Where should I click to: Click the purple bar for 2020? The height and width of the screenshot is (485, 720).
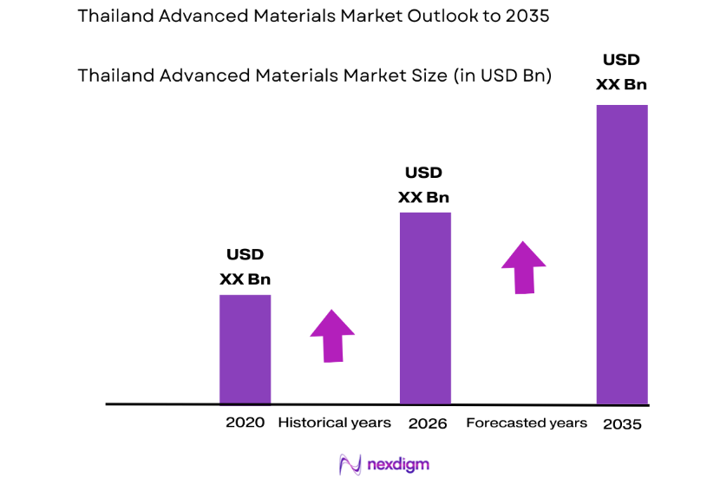tap(245, 349)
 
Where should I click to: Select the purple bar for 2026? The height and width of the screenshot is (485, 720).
tap(424, 308)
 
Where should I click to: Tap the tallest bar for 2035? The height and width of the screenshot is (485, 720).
tap(622, 254)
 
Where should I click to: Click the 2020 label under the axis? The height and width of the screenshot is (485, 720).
tap(245, 423)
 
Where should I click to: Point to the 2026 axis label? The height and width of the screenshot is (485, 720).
tap(427, 423)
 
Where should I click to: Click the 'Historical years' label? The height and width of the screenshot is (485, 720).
tap(334, 423)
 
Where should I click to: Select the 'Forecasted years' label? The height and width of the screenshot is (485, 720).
tap(527, 423)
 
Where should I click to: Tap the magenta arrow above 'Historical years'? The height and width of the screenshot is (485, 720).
tap(332, 335)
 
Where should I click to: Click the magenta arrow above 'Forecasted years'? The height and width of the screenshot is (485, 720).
tap(523, 267)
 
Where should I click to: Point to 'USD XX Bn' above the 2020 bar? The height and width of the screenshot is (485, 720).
tap(245, 267)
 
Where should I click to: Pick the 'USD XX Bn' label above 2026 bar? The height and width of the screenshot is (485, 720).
tap(423, 185)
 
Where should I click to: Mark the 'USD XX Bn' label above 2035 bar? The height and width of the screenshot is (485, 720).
tap(621, 73)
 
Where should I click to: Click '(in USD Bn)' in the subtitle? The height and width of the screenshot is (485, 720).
tap(501, 75)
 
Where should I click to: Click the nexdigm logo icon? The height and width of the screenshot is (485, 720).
tap(350, 464)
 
